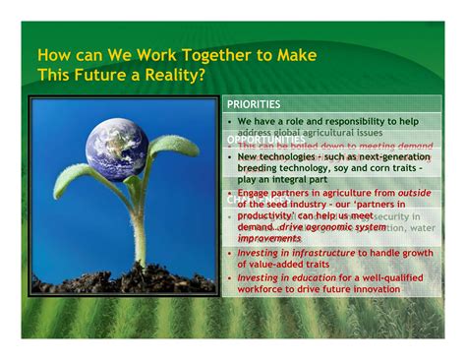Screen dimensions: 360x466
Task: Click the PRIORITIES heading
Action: (254, 103)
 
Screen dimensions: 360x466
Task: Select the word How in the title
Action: (52, 56)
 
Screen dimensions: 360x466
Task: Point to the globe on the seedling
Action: (116, 149)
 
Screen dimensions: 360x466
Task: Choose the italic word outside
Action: (414, 194)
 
